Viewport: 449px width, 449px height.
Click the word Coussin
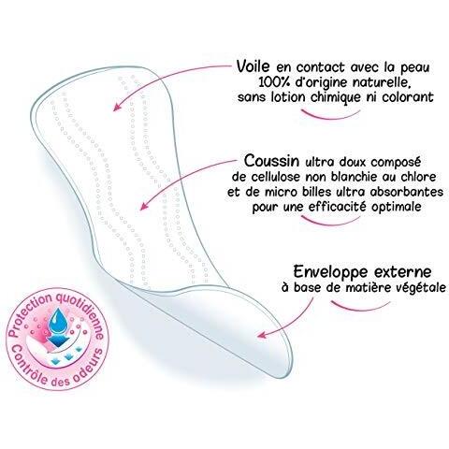tap(271, 161)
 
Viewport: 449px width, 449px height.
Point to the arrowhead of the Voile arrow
tap(116, 107)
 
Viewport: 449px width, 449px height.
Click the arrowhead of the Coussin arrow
tap(144, 206)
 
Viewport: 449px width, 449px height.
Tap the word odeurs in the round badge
tap(88, 369)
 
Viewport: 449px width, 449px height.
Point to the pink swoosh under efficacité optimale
tap(330, 222)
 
